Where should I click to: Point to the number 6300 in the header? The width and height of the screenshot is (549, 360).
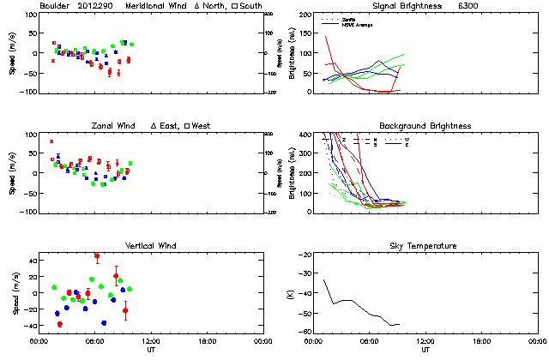point(468,6)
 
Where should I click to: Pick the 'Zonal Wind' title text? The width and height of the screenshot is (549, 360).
point(117,126)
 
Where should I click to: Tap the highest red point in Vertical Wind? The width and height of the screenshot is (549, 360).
point(97,255)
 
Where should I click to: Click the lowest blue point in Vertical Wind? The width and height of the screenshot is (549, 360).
point(104,323)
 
